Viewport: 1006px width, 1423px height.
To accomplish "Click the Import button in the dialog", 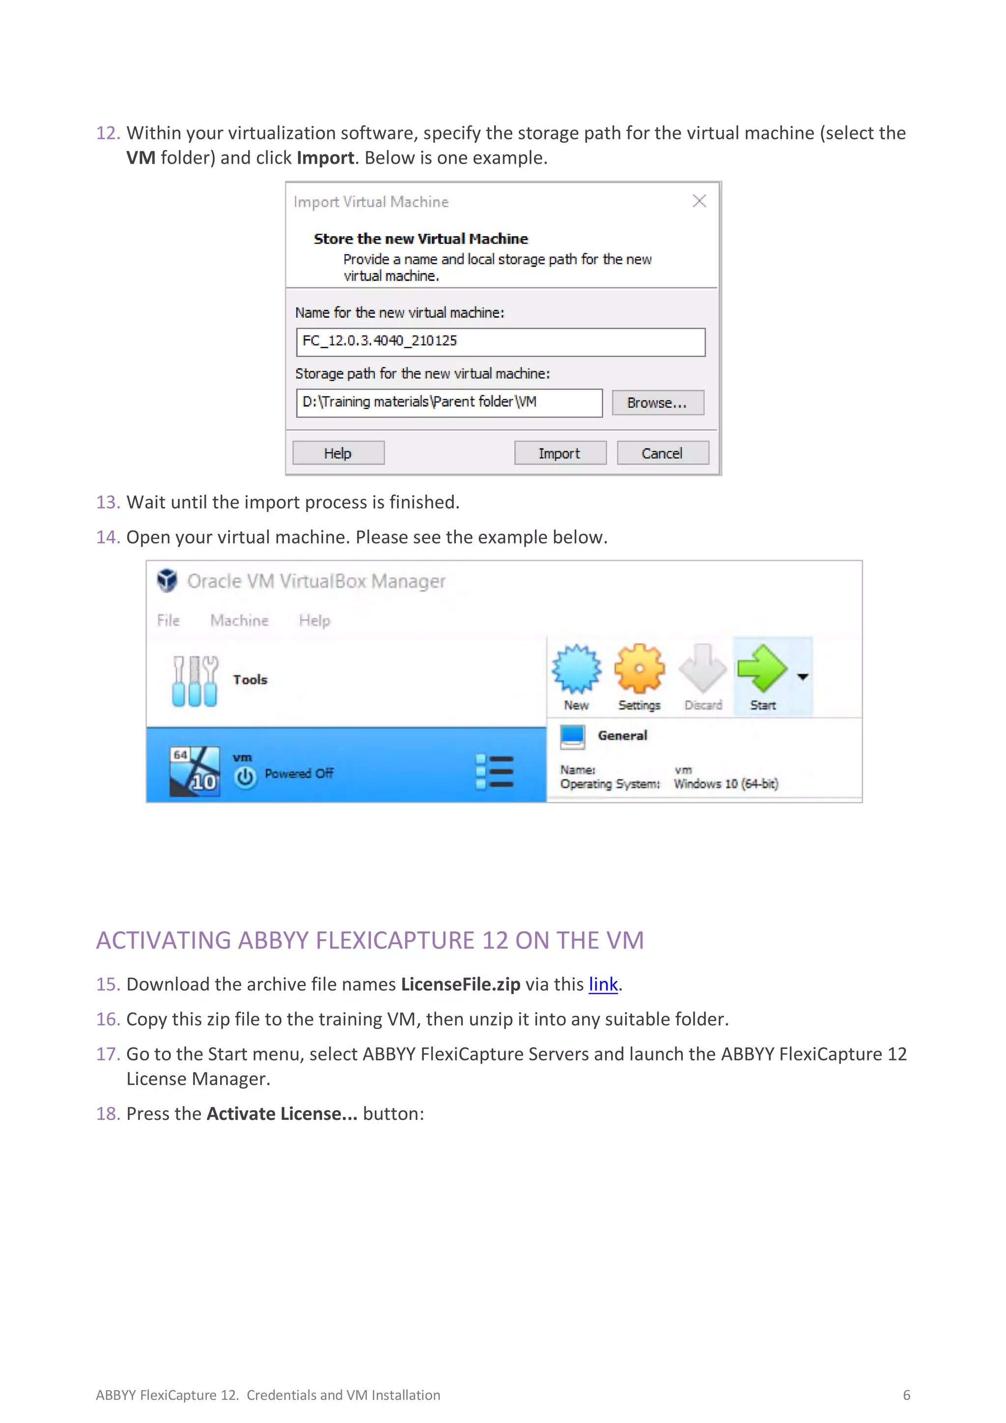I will tap(559, 453).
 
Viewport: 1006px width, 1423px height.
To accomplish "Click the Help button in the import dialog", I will tap(338, 453).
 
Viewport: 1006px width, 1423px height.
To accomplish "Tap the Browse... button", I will tap(657, 403).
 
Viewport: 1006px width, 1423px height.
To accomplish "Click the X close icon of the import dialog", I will tap(699, 201).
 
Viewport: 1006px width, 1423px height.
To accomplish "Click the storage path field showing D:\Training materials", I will tap(449, 403).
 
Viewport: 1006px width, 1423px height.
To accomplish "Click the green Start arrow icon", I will tap(762, 669).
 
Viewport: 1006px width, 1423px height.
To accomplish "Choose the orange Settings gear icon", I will tap(639, 669).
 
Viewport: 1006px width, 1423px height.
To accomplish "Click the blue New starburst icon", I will tap(577, 669).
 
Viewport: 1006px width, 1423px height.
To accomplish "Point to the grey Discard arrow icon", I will tap(702, 669).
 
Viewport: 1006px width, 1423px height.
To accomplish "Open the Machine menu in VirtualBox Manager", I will tap(239, 620).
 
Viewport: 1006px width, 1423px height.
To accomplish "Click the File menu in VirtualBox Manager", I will tap(168, 620).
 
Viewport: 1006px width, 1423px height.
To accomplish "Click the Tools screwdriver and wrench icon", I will tap(195, 681).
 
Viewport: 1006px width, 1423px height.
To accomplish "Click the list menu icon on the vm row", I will tap(494, 772).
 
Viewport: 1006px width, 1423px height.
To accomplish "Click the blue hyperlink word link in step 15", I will tap(603, 984).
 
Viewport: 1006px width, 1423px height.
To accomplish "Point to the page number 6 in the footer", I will tap(906, 1395).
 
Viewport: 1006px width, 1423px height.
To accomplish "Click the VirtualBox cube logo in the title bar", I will tap(168, 581).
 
